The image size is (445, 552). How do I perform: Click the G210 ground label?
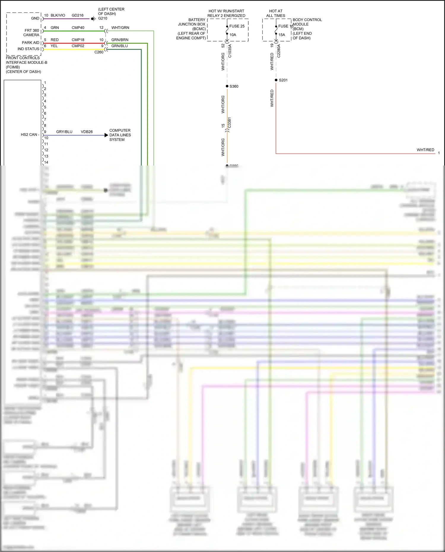point(103,18)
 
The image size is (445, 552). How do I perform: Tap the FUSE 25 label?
point(237,26)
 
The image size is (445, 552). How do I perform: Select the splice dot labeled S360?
point(227,86)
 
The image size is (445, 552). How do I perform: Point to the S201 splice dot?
point(276,80)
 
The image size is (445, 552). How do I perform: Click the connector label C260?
point(99,52)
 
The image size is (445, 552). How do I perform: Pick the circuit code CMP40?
point(78,28)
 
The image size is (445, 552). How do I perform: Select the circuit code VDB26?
point(87,132)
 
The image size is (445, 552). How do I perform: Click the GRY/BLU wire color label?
point(64,132)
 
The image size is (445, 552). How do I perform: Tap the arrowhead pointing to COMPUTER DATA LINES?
point(106,135)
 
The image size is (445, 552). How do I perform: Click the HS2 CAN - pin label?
point(30,135)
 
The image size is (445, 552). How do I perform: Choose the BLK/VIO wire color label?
point(58,15)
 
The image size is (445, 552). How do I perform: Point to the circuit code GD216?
point(77,15)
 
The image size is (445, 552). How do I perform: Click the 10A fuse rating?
point(233,35)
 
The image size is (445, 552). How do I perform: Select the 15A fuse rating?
point(282,35)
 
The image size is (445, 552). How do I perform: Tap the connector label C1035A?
point(230,51)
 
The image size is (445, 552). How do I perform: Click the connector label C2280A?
point(279,51)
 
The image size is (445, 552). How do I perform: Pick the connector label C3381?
point(229,123)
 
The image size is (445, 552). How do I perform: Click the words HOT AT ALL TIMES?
point(276,13)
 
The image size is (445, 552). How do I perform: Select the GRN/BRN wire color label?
point(120,40)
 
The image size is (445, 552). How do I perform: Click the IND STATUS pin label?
point(28,49)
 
